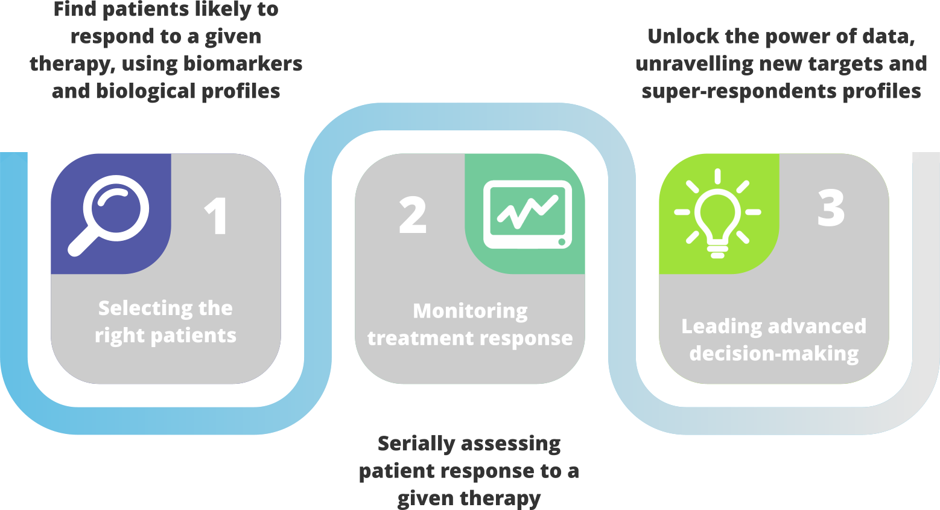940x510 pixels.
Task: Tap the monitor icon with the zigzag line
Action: click(x=527, y=214)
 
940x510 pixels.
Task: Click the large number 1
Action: click(x=217, y=217)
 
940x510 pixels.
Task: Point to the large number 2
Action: click(x=413, y=215)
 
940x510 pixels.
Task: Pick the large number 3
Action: click(x=831, y=208)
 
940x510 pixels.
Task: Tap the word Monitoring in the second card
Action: click(x=470, y=311)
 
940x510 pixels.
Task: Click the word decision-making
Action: click(x=774, y=354)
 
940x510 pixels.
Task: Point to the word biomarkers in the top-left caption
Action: click(x=243, y=64)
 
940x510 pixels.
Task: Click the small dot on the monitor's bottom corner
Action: click(x=562, y=242)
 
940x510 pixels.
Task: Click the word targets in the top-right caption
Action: click(x=847, y=64)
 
